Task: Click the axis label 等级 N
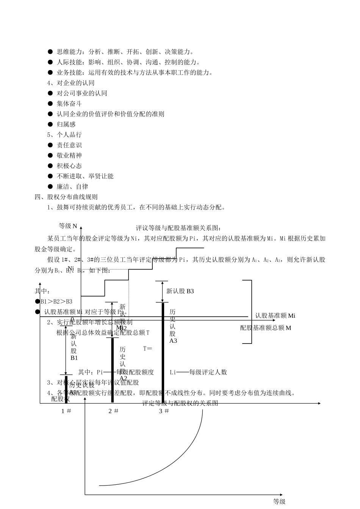pyautogui.click(x=68, y=226)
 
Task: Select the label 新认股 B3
pyautogui.click(x=180, y=291)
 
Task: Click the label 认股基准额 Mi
pyautogui.click(x=275, y=315)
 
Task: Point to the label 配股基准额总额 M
pyautogui.click(x=266, y=328)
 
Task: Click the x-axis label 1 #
pyautogui.click(x=66, y=411)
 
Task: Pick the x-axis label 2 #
pyautogui.click(x=113, y=411)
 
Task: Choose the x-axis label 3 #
pyautogui.click(x=164, y=411)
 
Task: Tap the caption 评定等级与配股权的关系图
pyautogui.click(x=180, y=403)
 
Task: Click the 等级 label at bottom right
pyautogui.click(x=279, y=502)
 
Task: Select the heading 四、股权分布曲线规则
pyautogui.click(x=66, y=197)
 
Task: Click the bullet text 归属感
pyautogui.click(x=66, y=124)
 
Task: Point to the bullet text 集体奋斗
pyautogui.click(x=69, y=103)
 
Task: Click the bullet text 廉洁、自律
pyautogui.click(x=72, y=186)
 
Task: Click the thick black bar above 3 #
pyautogui.click(x=163, y=352)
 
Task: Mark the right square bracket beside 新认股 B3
pyautogui.click(x=249, y=312)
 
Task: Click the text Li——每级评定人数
pyautogui.click(x=198, y=372)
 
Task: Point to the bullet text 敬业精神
pyautogui.click(x=69, y=155)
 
